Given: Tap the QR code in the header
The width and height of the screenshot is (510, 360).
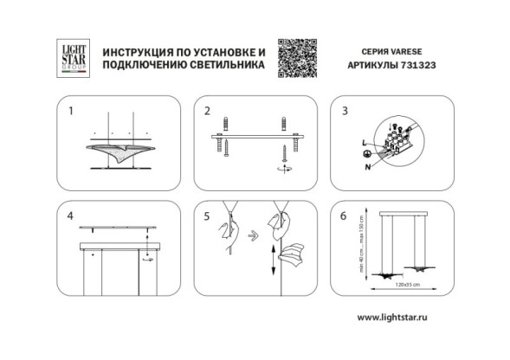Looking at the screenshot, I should (300, 57).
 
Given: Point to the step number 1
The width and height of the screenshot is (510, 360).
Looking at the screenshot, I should (72, 112).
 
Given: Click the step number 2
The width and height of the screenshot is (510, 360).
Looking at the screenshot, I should (208, 112).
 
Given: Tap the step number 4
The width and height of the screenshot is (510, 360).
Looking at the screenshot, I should (72, 215).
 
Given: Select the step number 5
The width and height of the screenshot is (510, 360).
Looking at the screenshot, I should (208, 215).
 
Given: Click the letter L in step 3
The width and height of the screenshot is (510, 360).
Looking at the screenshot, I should (364, 140).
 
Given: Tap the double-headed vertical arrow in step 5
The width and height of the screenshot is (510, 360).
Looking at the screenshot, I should (274, 259).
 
